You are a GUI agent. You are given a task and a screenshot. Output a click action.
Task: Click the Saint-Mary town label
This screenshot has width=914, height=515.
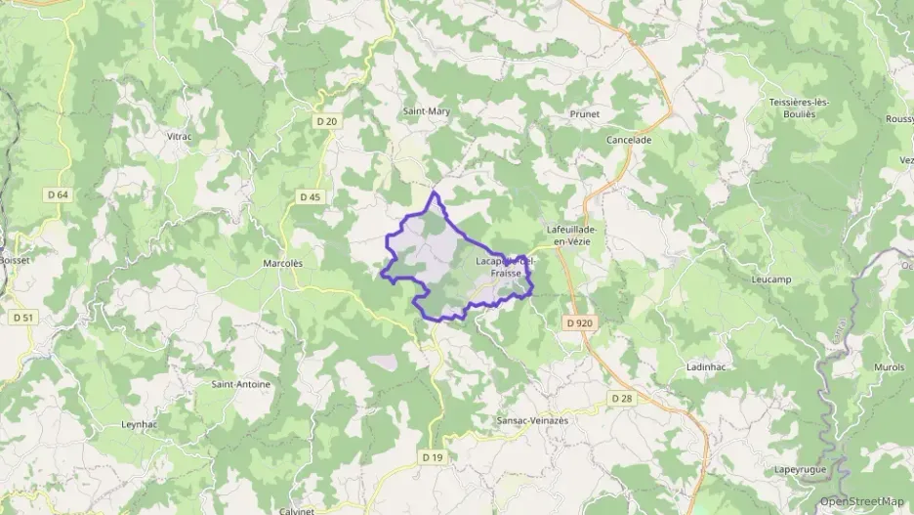pyautogui.click(x=427, y=111)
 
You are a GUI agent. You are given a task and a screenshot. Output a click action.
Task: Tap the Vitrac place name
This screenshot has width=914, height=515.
pyautogui.click(x=180, y=137)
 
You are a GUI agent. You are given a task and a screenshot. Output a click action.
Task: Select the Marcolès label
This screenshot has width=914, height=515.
pyautogui.click(x=283, y=263)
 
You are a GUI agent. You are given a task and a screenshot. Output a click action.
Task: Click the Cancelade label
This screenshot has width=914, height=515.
pyautogui.click(x=629, y=140)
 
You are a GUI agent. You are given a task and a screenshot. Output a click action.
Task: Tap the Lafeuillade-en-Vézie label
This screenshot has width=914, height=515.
pyautogui.click(x=573, y=236)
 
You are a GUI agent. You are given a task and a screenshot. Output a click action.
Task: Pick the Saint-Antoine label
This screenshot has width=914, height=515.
pyautogui.click(x=240, y=384)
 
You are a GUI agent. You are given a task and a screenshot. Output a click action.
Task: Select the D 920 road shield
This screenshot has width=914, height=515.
pyautogui.click(x=578, y=322)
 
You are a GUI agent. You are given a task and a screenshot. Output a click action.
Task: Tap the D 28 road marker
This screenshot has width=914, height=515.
pyautogui.click(x=622, y=398)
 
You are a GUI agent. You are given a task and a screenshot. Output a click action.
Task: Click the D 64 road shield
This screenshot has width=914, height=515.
pyautogui.click(x=58, y=194)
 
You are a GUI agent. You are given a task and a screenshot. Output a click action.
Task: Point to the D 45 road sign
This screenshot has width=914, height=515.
pyautogui.click(x=310, y=196)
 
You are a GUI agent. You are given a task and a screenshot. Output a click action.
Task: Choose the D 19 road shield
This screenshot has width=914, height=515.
pyautogui.click(x=434, y=456)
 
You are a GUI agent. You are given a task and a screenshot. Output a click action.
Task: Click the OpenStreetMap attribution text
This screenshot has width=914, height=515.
pyautogui.click(x=862, y=501)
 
